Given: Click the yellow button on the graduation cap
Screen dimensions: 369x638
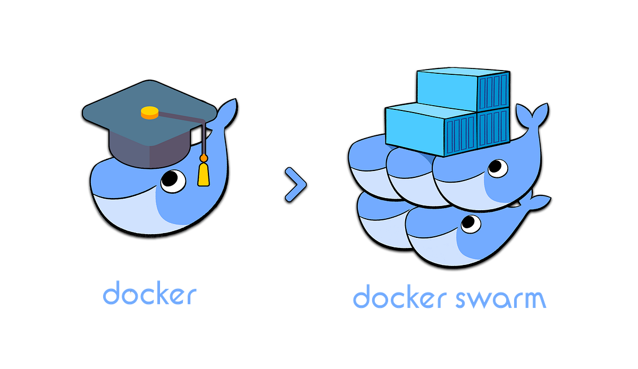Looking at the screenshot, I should (x=149, y=112).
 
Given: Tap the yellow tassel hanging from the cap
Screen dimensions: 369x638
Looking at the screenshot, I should (x=203, y=174).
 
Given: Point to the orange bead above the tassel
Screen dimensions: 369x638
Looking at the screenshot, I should (x=203, y=158).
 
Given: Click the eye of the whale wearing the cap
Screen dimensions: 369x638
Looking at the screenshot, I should (x=173, y=181).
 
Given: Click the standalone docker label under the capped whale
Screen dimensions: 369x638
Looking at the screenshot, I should (x=149, y=295).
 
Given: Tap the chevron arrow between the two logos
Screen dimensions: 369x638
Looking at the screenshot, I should (x=296, y=185).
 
